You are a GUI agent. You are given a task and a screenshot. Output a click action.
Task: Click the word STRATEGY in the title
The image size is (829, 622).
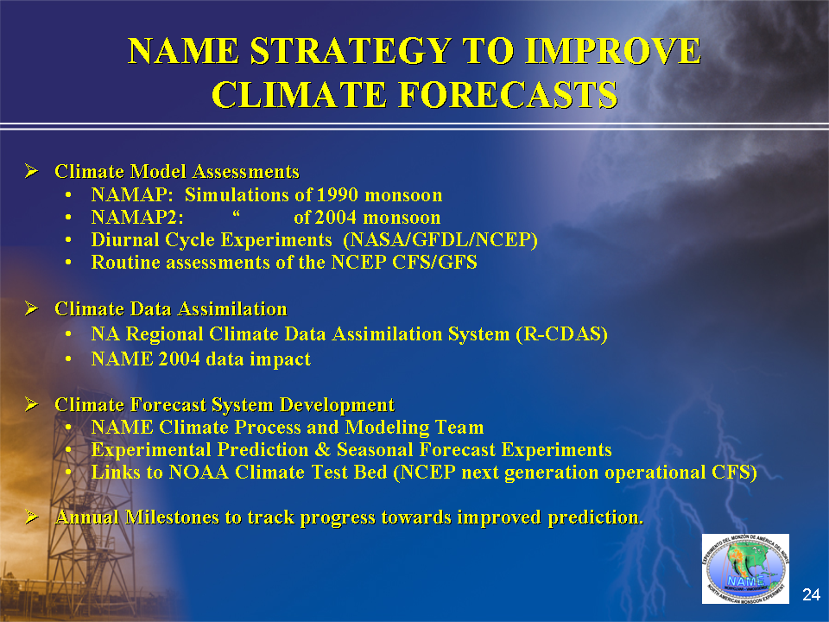tap(351, 51)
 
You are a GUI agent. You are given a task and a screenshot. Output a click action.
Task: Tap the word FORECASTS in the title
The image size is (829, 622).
tap(508, 95)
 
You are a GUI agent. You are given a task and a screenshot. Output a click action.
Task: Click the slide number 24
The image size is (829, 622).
tap(811, 594)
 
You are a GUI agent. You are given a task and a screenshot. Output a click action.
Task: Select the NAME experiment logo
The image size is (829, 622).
tap(745, 568)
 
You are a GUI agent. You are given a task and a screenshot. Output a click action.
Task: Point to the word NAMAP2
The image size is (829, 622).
tap(137, 218)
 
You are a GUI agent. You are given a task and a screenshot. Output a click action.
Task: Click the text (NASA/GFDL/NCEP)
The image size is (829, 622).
tap(440, 239)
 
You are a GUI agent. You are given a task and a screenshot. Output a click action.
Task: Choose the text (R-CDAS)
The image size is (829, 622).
tap(562, 334)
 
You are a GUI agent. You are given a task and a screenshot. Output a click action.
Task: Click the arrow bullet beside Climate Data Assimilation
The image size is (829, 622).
tap(32, 308)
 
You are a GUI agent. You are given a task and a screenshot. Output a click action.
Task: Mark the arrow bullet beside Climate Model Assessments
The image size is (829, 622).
tap(32, 170)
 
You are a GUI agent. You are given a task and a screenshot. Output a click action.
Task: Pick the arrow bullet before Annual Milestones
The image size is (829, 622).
tap(32, 517)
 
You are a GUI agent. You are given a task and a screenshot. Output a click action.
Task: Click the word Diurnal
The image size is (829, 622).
tap(124, 239)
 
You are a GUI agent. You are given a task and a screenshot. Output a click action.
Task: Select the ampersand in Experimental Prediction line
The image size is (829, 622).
tap(322, 449)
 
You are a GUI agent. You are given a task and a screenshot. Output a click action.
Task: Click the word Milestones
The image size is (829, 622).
tap(172, 517)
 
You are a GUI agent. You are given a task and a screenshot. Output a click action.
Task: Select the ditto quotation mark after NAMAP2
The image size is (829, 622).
tap(236, 213)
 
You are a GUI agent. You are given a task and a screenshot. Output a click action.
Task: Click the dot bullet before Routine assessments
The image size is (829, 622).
tap(68, 263)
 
